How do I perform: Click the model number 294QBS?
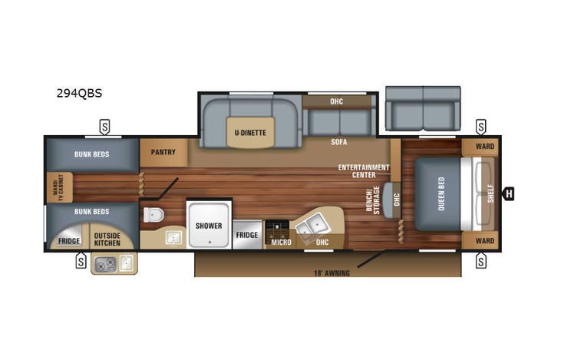click(79, 94)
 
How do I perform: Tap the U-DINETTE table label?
click(250, 133)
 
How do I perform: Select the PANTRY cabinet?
click(163, 152)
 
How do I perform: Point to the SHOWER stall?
click(208, 226)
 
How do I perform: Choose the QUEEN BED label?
click(440, 193)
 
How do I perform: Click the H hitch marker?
click(508, 193)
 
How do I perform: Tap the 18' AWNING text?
click(332, 272)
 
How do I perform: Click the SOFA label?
click(339, 142)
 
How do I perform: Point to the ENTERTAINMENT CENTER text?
click(365, 170)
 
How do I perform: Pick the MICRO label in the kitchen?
click(280, 243)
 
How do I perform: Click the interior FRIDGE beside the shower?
click(246, 235)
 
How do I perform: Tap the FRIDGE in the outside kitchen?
click(69, 241)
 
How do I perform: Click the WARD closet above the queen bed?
click(484, 146)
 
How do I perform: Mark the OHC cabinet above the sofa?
click(336, 101)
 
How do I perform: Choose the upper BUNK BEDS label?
click(91, 154)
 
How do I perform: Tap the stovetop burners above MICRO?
click(276, 228)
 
